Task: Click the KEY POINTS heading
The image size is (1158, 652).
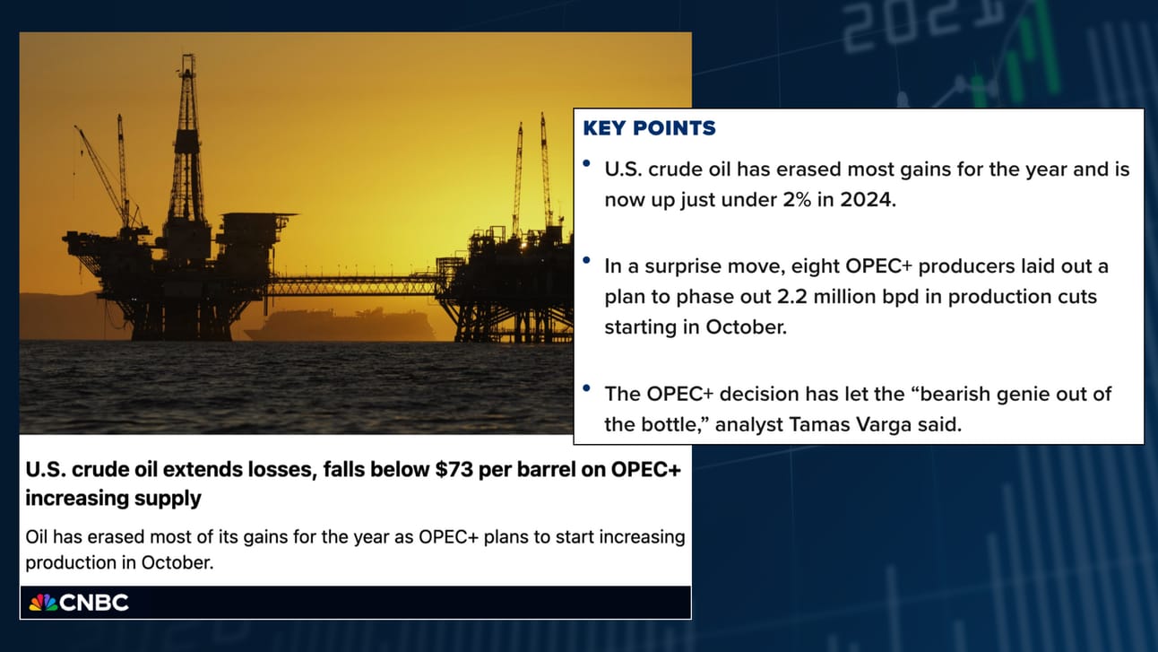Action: tap(649, 128)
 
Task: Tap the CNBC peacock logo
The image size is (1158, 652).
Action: tap(43, 603)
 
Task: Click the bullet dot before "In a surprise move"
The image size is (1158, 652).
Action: tap(586, 260)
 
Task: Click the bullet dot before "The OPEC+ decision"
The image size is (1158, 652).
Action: tap(586, 388)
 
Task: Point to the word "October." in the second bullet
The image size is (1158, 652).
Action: tap(746, 327)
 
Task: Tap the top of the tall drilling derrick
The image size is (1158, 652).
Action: tap(188, 56)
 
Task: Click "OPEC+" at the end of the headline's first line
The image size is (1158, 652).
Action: tap(645, 469)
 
